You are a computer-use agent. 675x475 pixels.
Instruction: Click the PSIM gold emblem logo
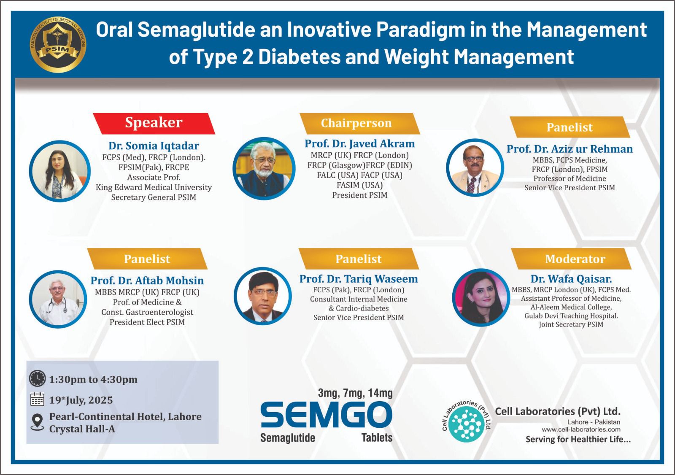pos(58,44)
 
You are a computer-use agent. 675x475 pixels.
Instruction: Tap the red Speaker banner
pos(154,123)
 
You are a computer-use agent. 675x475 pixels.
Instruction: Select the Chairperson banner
pos(359,123)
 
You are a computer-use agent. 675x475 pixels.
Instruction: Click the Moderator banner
pos(571,259)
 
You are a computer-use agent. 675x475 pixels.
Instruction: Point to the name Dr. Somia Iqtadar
pos(154,146)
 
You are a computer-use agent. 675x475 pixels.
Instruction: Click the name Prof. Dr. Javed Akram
pos(359,143)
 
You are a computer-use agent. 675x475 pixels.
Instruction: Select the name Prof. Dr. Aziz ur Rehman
pos(570,149)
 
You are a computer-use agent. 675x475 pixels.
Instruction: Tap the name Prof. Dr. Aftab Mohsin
pos(147,280)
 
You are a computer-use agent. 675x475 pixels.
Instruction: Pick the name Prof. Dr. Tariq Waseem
pos(359,279)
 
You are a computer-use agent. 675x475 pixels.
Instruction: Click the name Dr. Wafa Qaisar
pos(571,279)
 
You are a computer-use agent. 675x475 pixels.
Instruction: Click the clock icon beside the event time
pos(38,378)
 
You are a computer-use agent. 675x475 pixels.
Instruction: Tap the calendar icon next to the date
pos(38,399)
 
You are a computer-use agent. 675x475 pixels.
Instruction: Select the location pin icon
pos(38,422)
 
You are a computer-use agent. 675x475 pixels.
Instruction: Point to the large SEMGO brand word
pos(327,415)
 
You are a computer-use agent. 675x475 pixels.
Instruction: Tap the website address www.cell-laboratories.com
pos(581,429)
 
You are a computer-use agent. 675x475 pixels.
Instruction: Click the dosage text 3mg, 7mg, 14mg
pos(355,393)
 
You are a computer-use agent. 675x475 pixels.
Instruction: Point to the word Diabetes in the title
pos(300,57)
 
